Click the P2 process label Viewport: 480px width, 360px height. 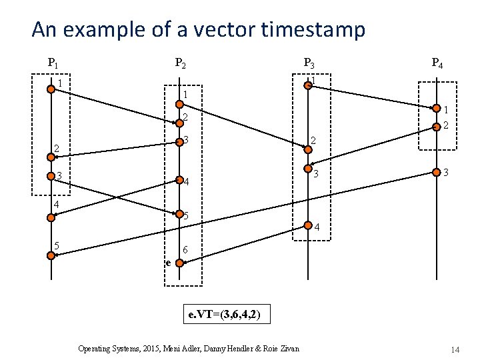tap(180, 64)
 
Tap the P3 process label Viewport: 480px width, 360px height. tap(309, 64)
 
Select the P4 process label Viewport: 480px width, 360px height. tap(437, 64)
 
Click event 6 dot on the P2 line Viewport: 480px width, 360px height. tap(179, 263)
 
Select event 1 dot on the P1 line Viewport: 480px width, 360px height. tap(51, 89)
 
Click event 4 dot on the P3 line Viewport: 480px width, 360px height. tap(308, 225)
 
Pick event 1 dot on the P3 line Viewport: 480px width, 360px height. tap(308, 84)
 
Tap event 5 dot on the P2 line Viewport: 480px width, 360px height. tap(179, 214)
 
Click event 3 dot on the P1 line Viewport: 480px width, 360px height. tap(51, 177)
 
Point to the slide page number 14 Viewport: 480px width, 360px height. tap(455, 350)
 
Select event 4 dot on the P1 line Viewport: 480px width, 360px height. tap(51, 217)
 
